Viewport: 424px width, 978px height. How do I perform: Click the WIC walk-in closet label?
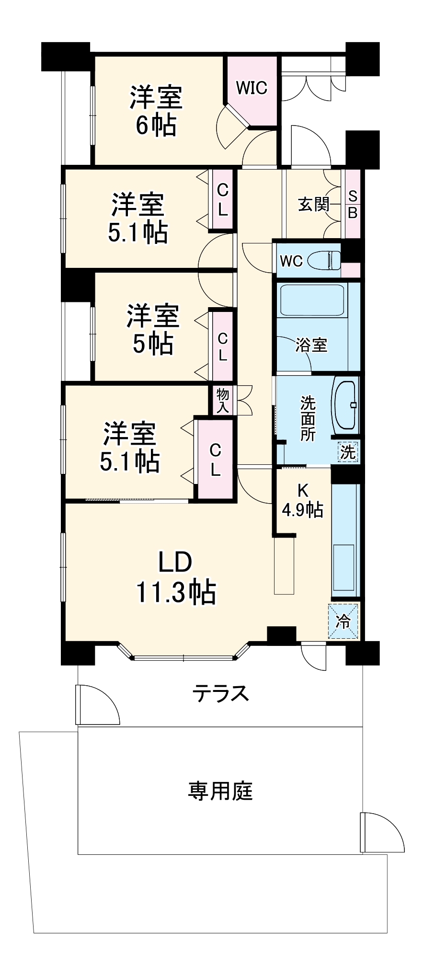point(252,88)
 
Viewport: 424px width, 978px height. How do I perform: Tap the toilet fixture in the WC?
point(324,261)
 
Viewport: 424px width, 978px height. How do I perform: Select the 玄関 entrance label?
point(314,204)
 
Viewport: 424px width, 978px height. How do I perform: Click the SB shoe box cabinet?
point(353,204)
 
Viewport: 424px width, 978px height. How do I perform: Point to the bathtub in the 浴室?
point(312,300)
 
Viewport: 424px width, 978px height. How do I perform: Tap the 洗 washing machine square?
point(348,451)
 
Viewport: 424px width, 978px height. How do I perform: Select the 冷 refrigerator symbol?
point(344,621)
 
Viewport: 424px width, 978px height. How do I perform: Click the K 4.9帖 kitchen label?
point(302,500)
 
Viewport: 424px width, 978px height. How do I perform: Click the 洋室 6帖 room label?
point(156,111)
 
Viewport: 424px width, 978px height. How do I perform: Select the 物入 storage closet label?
point(223,401)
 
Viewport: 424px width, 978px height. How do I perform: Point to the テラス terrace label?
point(221,693)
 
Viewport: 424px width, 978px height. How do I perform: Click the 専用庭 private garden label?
point(220,791)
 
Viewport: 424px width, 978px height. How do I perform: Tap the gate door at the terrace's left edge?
point(96,704)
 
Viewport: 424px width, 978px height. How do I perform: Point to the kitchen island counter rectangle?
point(284,565)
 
